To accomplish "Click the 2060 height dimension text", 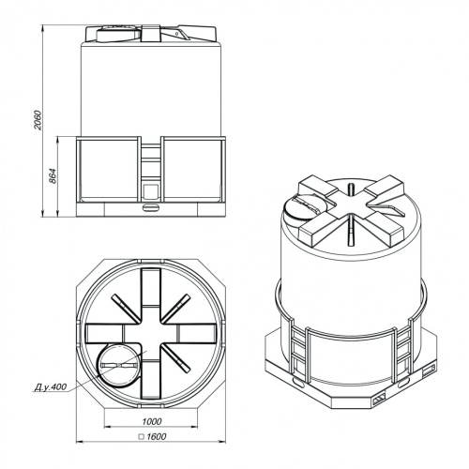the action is point(38,120).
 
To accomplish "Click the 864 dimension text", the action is point(53,176).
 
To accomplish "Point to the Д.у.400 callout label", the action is point(50,386).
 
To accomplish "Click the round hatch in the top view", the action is point(118,366).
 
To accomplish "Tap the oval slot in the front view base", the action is point(151,207).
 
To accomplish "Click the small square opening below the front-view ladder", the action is point(151,190).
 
